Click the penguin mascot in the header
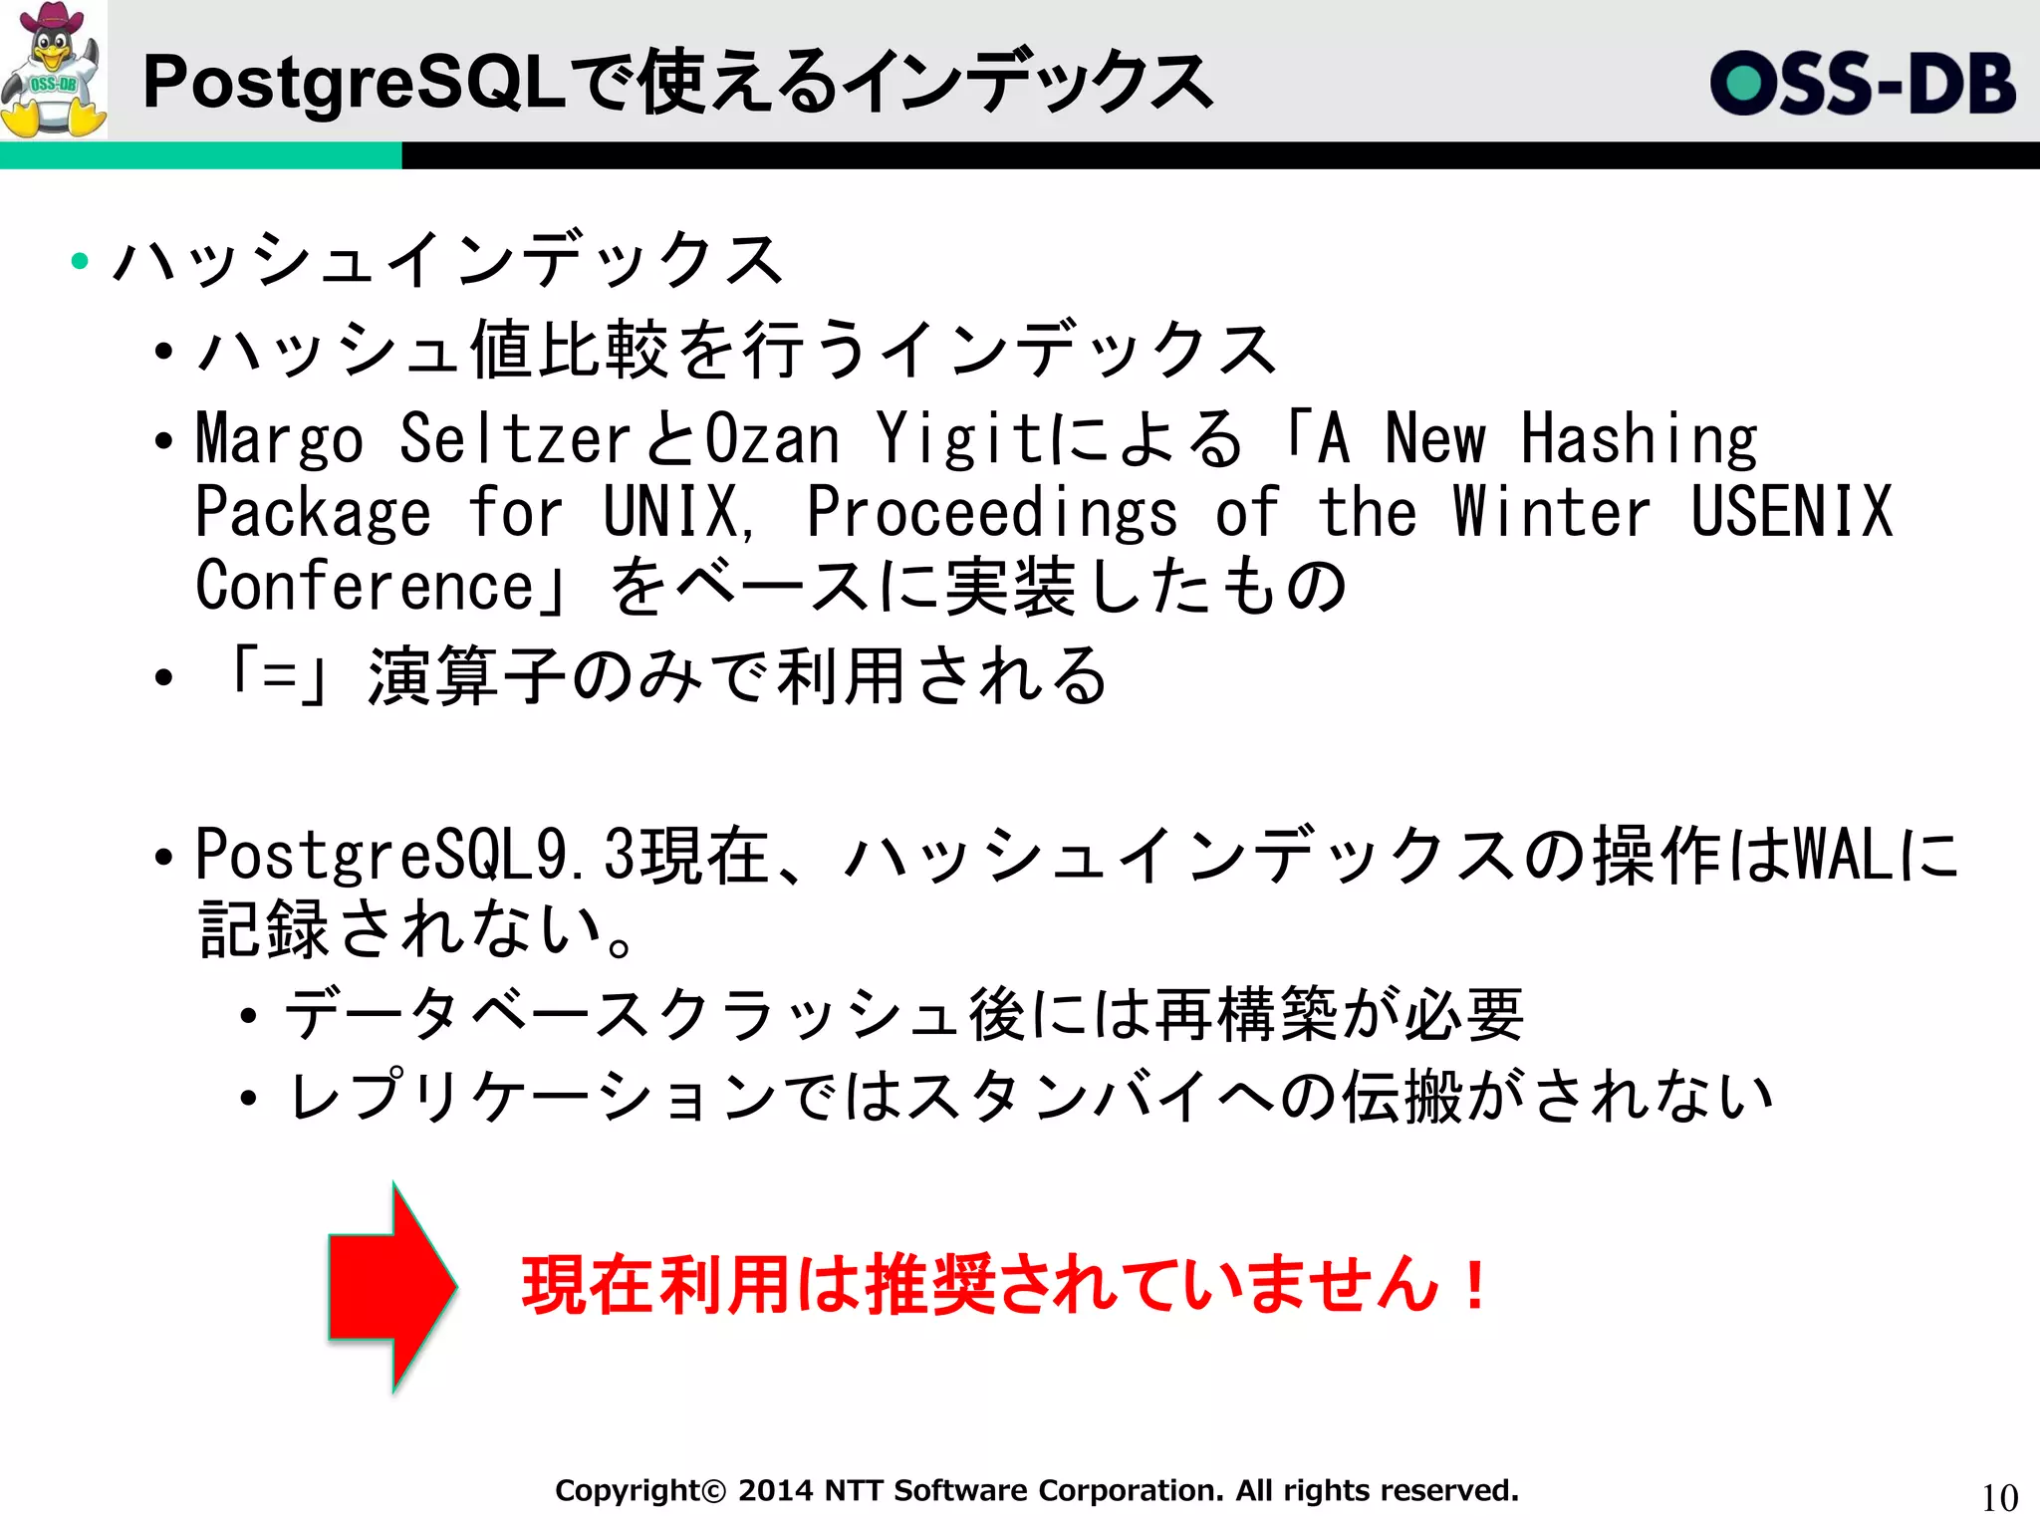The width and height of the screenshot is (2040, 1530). point(54,70)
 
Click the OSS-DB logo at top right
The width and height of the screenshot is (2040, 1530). point(1863,84)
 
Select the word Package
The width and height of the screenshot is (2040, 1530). point(313,513)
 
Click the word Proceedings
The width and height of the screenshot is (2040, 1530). point(991,513)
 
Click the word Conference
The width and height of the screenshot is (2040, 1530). point(367,585)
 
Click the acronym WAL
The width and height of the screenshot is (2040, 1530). point(1845,854)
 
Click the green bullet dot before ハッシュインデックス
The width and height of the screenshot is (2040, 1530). point(80,262)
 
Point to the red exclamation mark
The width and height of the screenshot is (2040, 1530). point(1475,1285)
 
